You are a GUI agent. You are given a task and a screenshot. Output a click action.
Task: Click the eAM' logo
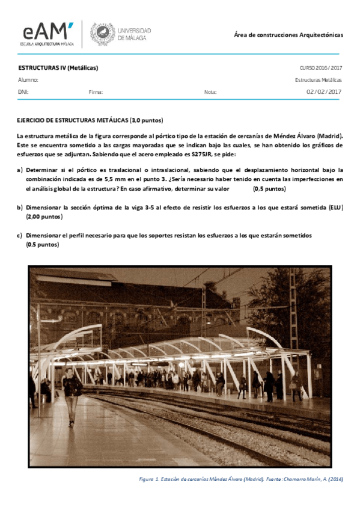pos(47,34)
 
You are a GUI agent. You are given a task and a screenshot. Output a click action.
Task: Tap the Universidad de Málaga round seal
pos(101,34)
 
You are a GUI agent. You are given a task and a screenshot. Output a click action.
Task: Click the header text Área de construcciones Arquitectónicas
pos(288,35)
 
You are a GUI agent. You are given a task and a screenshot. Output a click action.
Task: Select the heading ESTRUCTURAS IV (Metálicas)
pos(58,68)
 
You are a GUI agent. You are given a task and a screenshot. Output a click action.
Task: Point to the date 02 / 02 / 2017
pos(324,91)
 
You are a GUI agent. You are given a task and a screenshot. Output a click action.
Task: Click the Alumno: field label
pos(28,79)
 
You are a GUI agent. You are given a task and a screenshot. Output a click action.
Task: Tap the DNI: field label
pos(23,92)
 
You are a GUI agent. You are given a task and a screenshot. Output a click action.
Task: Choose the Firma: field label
pos(96,92)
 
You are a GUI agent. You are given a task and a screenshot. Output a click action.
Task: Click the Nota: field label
pos(210,92)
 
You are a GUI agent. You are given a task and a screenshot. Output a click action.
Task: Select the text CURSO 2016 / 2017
pos(320,68)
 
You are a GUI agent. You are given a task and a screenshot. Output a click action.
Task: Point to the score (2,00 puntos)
pos(44,217)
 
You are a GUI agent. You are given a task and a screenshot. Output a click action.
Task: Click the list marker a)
pos(20,170)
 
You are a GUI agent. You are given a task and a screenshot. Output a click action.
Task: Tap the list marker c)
pos(20,235)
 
